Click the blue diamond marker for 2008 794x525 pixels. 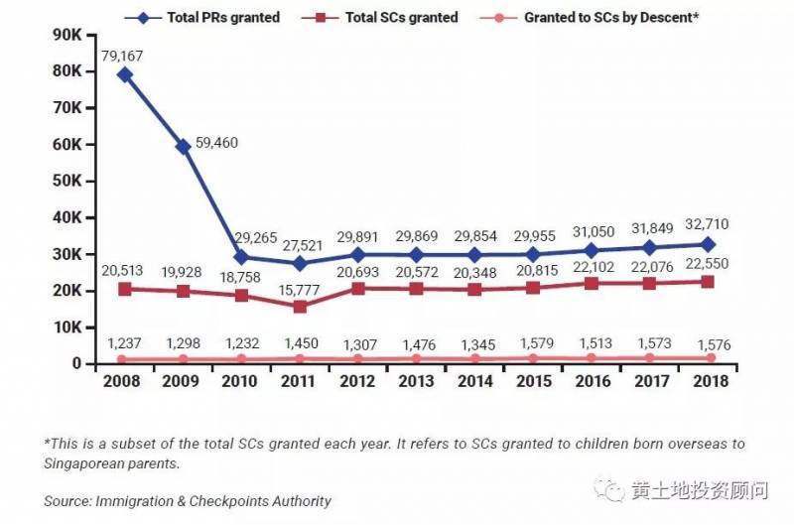pyautogui.click(x=125, y=74)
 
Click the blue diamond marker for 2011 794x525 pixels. pyautogui.click(x=300, y=263)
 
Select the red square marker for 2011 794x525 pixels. pyautogui.click(x=300, y=306)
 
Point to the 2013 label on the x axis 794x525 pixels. pyautogui.click(x=416, y=380)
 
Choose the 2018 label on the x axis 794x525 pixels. pyautogui.click(x=708, y=380)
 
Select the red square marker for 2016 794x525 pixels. pyautogui.click(x=592, y=283)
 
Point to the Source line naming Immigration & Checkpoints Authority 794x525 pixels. pyautogui.click(x=188, y=501)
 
